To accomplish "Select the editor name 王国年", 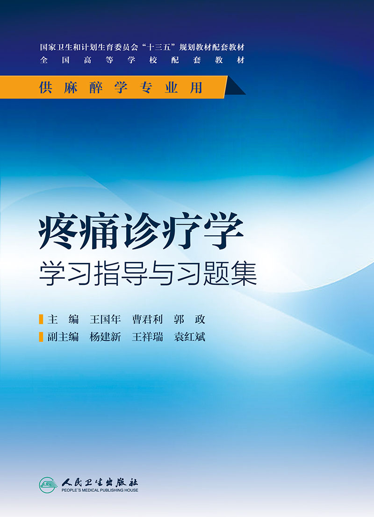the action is [105, 319].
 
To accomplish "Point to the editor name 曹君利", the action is [147, 319].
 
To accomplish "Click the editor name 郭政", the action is [189, 319].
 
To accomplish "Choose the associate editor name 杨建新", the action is [105, 337].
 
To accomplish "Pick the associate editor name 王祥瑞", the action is [147, 337].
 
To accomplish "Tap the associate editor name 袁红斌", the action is [189, 337].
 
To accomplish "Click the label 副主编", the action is [63, 337].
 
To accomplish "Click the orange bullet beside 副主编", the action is [41, 337].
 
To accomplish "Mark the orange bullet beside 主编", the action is [41, 319].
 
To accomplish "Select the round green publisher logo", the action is [48, 485].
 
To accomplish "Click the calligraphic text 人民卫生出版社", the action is [100, 482].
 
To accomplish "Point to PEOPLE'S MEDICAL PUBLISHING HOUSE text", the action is [100, 490].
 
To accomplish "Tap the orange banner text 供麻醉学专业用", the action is [121, 87].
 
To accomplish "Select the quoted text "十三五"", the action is [159, 47].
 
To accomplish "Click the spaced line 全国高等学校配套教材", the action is [142, 60].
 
